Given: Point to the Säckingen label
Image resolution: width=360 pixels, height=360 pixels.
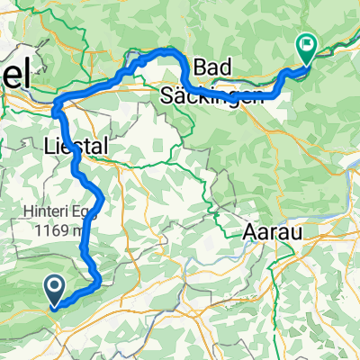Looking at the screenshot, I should (x=212, y=94).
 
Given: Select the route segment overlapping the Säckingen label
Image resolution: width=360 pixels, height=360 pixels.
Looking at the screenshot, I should (x=234, y=92).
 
